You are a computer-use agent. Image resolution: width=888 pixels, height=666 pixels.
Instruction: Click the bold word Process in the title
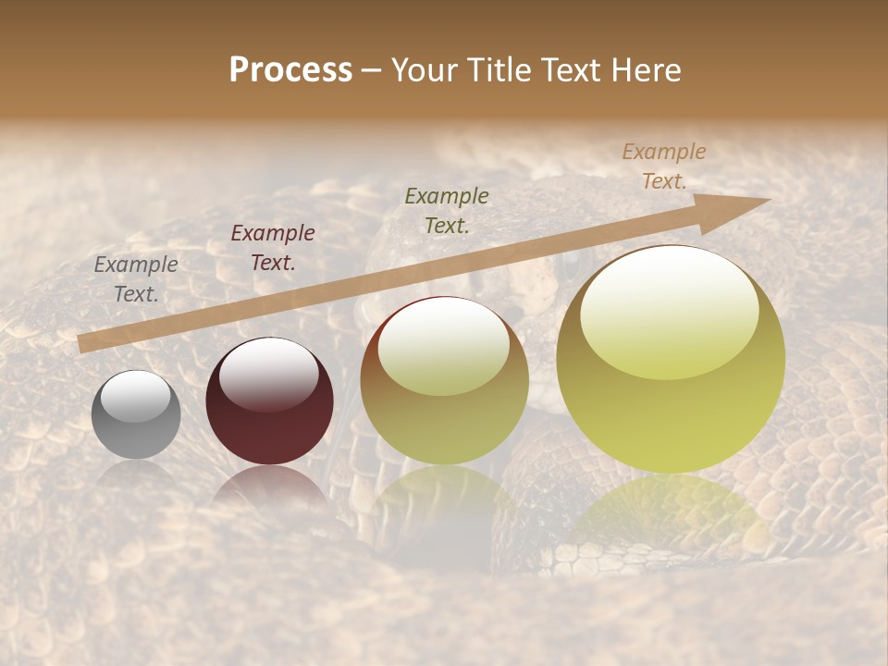click(x=290, y=69)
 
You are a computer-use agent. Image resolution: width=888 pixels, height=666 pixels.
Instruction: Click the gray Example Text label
click(x=136, y=279)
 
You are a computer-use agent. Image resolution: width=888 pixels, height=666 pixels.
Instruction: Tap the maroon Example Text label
click(x=273, y=248)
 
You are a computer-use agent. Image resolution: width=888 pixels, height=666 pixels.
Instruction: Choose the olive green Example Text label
click(x=447, y=210)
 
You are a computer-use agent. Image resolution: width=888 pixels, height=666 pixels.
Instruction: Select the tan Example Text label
click(x=663, y=166)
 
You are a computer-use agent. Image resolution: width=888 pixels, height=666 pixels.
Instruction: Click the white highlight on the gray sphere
click(x=136, y=397)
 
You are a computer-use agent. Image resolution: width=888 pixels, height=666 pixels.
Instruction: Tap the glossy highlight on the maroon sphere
click(x=268, y=374)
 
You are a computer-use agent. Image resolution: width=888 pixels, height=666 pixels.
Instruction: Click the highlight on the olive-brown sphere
click(x=444, y=347)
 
